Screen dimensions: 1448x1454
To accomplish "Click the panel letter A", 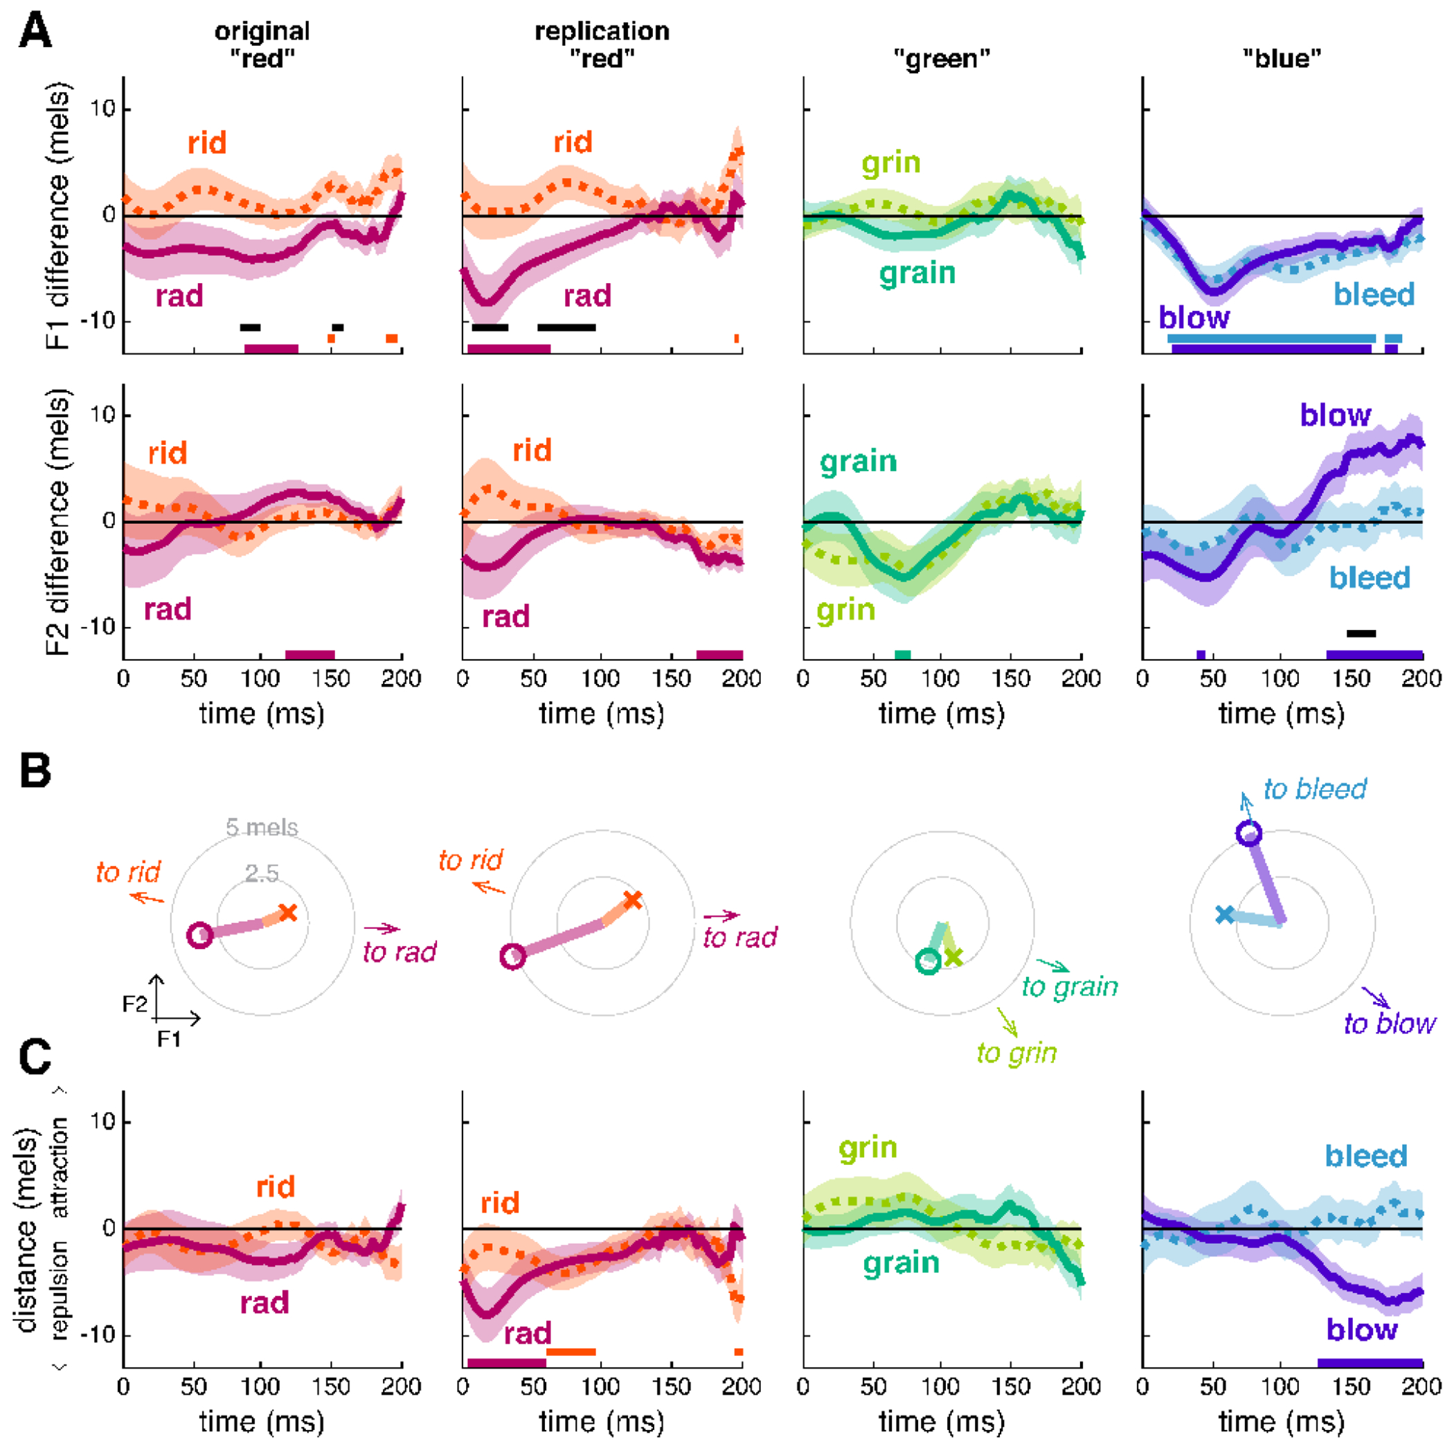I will click(35, 33).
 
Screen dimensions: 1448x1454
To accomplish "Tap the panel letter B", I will click(35, 771).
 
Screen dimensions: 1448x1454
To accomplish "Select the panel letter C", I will click(35, 1057).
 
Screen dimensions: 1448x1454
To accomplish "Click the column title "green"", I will click(942, 59).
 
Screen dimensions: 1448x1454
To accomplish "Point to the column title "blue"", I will click(1282, 59).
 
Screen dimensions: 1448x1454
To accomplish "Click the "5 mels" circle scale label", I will click(262, 827).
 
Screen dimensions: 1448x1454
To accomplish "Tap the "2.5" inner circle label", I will click(262, 874).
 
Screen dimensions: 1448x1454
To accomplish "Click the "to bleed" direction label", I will click(1315, 789).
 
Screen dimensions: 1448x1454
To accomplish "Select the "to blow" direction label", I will click(1390, 1024).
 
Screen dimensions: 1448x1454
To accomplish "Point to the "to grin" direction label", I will click(1016, 1053).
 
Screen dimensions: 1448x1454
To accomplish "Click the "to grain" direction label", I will click(1070, 986).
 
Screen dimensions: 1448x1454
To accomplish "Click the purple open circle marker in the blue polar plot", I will click(1248, 833).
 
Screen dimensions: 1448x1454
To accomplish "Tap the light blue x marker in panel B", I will click(1224, 914).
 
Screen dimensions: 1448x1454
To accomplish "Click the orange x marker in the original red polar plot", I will click(287, 913).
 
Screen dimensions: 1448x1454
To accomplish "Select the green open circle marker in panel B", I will click(928, 961).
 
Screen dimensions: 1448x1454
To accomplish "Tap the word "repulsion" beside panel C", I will click(59, 1290).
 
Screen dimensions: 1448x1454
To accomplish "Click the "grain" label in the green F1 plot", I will click(917, 273).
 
